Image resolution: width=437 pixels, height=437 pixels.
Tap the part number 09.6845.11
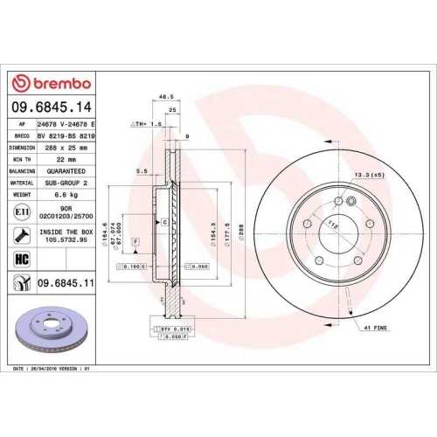66,283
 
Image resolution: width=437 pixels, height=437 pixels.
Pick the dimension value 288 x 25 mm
66,149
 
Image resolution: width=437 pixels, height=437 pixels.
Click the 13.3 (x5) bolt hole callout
368,176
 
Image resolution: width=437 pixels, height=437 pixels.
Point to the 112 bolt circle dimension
331,224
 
